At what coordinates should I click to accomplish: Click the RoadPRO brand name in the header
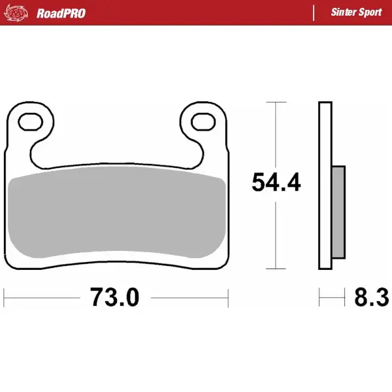[x=61, y=13]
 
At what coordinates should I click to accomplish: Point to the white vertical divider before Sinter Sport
[x=316, y=13]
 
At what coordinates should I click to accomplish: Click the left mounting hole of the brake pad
[x=29, y=121]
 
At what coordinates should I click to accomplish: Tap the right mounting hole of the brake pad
[x=204, y=121]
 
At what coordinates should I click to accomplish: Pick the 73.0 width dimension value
[x=115, y=298]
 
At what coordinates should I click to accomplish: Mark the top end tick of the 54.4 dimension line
[x=277, y=103]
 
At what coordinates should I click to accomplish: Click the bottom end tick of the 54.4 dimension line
[x=277, y=269]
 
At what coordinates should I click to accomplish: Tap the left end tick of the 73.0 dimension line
[x=5, y=299]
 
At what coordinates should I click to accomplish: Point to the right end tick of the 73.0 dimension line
[x=229, y=299]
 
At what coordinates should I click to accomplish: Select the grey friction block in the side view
[x=338, y=212]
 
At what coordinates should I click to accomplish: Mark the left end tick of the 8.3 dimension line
[x=319, y=299]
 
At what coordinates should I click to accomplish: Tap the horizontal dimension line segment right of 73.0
[x=189, y=299]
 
